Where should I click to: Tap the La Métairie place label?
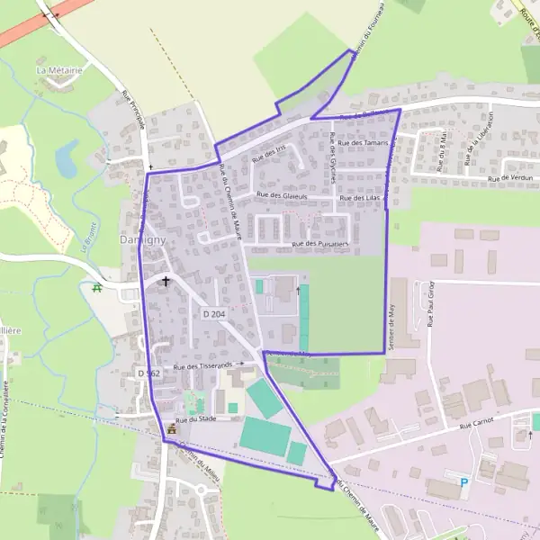58,69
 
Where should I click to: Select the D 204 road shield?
213,313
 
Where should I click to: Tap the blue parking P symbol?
464,483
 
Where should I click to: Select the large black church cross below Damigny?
165,281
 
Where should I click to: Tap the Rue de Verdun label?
511,178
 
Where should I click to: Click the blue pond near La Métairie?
66,158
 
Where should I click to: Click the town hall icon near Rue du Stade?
172,429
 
